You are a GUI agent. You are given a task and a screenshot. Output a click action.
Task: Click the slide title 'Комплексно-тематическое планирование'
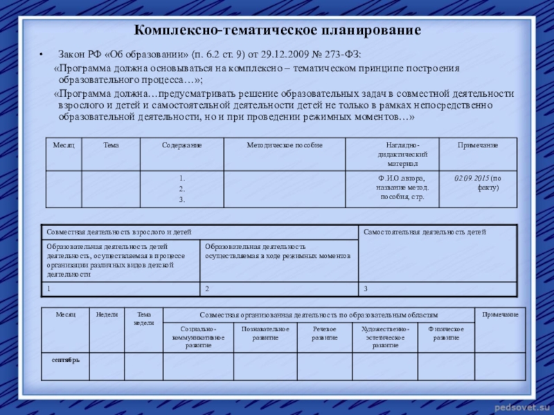click(277, 31)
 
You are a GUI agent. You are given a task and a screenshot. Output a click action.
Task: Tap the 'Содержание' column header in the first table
click(182, 145)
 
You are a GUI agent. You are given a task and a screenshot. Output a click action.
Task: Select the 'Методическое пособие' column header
click(285, 145)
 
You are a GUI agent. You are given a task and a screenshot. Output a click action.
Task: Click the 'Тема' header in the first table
click(111, 145)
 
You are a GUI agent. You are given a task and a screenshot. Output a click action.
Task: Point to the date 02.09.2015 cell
click(478, 183)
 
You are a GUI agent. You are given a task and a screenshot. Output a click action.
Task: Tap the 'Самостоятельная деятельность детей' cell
click(425, 232)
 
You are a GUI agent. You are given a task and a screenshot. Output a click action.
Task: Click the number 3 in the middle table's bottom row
click(366, 288)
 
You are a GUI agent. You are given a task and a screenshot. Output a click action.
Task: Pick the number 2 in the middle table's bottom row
click(207, 288)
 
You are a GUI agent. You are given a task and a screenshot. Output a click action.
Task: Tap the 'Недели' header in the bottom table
click(107, 315)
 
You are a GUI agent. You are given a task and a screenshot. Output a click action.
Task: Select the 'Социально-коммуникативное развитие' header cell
click(198, 337)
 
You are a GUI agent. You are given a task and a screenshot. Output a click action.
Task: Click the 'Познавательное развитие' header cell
click(265, 333)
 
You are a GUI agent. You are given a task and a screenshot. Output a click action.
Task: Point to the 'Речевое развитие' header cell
click(325, 333)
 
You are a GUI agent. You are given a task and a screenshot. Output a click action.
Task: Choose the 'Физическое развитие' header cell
click(446, 333)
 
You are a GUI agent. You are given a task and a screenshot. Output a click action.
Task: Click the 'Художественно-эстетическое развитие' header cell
click(385, 337)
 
